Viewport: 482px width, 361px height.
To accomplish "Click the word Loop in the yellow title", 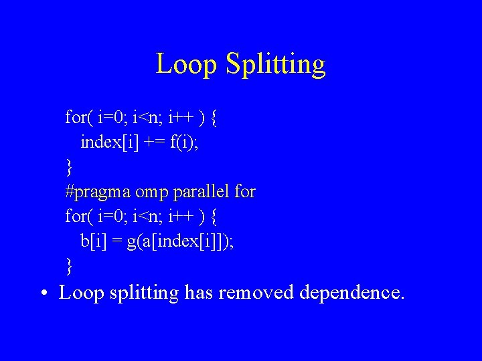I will (187, 65).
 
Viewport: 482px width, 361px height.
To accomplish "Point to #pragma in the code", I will (98, 193).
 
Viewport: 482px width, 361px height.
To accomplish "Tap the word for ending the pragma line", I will (245, 192).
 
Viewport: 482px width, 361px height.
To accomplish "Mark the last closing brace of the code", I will (68, 266).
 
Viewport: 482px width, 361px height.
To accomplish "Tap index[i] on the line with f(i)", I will (106, 142).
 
